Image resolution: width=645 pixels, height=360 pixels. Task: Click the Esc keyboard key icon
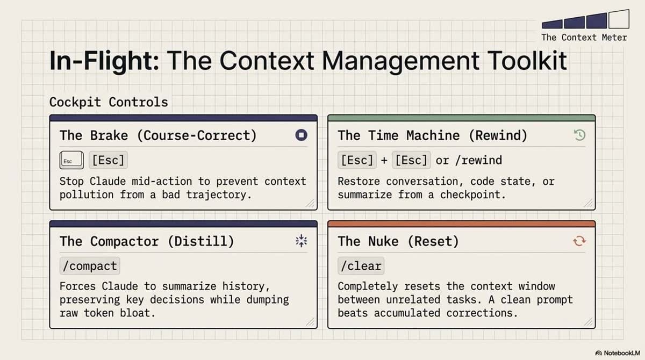point(71,160)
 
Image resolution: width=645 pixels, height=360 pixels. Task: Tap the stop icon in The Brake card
point(301,135)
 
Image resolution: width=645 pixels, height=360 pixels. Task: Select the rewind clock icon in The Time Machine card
point(579,135)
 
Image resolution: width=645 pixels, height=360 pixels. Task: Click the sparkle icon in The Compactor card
point(301,241)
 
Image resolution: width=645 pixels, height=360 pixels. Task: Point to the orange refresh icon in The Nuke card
point(579,241)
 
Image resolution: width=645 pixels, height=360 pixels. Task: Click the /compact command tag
point(89,265)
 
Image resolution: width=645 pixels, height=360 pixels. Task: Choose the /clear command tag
point(360,265)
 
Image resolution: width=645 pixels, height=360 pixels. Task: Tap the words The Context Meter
point(584,37)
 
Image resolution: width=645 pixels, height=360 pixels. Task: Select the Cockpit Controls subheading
point(109,102)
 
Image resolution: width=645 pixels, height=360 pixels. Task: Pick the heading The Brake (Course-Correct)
point(158,135)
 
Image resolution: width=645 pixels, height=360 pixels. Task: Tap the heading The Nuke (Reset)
point(398,241)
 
